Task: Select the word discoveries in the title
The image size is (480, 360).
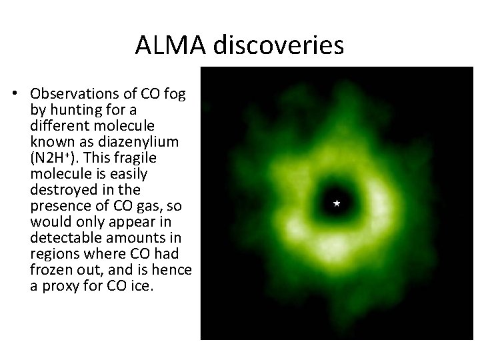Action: coord(280,45)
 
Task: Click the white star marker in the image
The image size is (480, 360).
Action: coord(337,202)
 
